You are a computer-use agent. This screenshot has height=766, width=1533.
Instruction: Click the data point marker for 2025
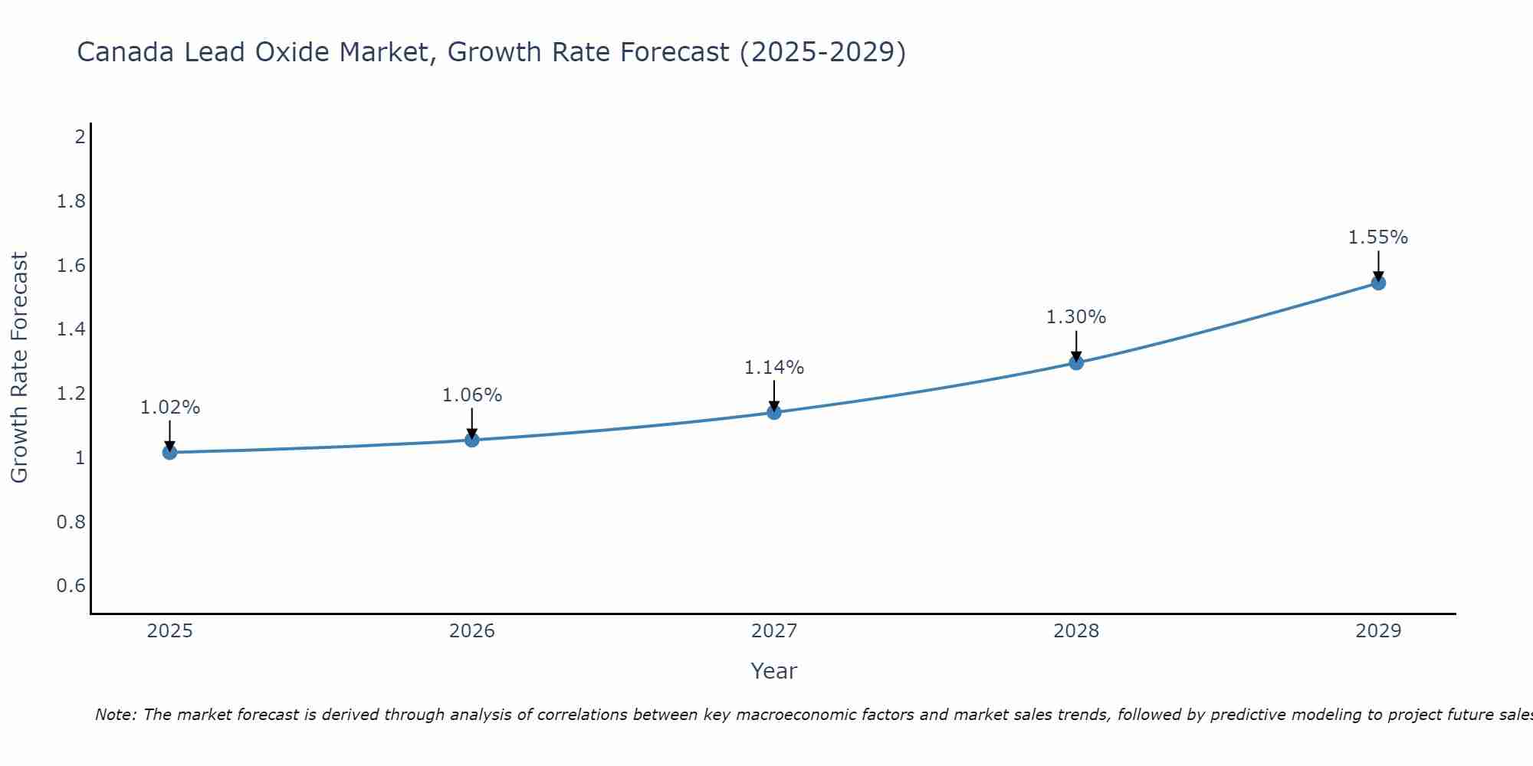pos(170,453)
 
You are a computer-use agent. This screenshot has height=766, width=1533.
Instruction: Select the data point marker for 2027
pos(774,413)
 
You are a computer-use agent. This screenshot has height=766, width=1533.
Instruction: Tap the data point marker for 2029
pos(1378,283)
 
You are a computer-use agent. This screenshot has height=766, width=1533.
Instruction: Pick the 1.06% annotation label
pos(472,395)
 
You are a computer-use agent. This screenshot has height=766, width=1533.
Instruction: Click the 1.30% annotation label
pos(1076,317)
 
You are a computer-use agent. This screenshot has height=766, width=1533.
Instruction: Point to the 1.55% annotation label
pos(1378,237)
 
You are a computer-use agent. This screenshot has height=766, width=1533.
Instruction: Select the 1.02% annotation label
pos(170,408)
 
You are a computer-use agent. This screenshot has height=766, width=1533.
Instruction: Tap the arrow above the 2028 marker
pos(1076,346)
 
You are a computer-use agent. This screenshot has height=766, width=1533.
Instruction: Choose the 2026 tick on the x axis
pos(472,631)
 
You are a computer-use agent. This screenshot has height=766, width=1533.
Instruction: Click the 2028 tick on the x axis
pos(1076,631)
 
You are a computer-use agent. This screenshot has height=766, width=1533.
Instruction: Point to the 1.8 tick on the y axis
pos(71,201)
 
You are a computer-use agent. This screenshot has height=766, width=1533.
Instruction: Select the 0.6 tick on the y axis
pos(71,586)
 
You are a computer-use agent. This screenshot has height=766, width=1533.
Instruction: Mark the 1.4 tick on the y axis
pos(71,329)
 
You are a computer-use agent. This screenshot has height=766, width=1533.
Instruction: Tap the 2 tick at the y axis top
pos(80,137)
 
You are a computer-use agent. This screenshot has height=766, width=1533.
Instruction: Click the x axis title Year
pos(774,671)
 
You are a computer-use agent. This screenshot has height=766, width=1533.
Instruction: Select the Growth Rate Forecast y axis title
pos(19,368)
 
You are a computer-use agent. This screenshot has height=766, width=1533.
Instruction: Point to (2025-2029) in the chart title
pos(822,52)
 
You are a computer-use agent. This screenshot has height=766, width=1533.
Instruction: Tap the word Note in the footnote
pos(115,715)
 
